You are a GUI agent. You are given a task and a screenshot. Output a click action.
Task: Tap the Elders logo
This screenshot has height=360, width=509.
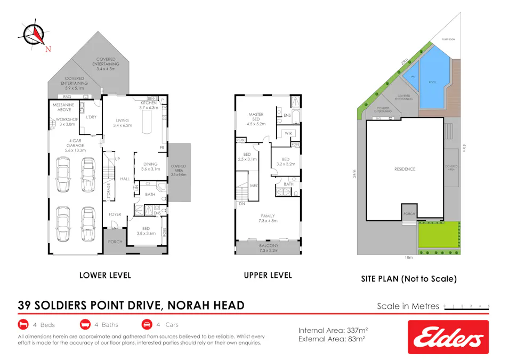point(448,337)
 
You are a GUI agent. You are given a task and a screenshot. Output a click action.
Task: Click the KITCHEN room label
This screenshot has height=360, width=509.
point(148,102)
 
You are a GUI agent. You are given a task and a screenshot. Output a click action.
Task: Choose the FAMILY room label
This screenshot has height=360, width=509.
point(268,216)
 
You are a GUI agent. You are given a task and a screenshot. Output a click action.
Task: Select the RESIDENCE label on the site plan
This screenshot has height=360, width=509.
point(405,169)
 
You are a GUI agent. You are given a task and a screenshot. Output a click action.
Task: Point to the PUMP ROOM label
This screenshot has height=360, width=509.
point(448,39)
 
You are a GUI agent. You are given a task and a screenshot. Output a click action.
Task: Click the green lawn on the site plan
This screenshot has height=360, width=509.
point(438,235)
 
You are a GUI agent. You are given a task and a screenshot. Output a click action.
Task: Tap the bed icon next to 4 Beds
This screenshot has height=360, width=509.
point(23,324)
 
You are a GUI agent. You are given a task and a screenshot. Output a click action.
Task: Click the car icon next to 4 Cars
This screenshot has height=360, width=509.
point(147,324)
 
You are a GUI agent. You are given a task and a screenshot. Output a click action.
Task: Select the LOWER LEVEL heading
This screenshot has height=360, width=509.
point(105,275)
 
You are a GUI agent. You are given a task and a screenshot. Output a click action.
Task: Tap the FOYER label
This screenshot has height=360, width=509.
point(115,214)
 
